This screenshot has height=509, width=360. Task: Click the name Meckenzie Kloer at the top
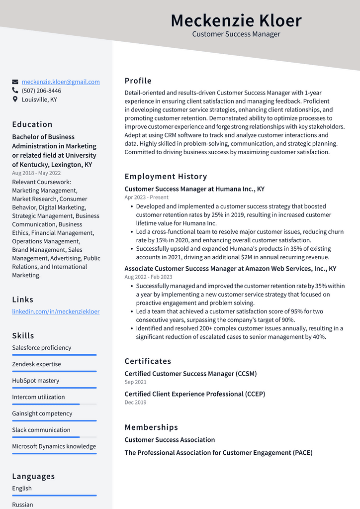pyautogui.click(x=236, y=21)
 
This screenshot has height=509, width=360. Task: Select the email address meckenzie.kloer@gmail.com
pyautogui.click(x=61, y=82)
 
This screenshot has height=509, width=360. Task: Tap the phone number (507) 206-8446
pyautogui.click(x=41, y=91)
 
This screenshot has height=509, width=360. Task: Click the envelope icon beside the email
pyautogui.click(x=15, y=82)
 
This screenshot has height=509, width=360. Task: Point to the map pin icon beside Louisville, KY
pyautogui.click(x=15, y=100)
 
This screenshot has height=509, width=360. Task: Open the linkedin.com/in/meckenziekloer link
pyautogui.click(x=56, y=311)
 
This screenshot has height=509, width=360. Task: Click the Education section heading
pyautogui.click(x=32, y=124)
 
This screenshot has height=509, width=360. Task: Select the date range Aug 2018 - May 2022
pyautogui.click(x=36, y=173)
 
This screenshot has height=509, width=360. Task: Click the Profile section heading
pyautogui.click(x=138, y=81)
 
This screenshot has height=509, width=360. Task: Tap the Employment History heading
pyautogui.click(x=166, y=177)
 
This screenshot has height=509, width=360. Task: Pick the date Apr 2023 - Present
pyautogui.click(x=146, y=198)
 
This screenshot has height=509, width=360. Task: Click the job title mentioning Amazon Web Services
pyautogui.click(x=230, y=269)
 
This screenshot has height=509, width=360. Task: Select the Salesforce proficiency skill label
pyautogui.click(x=42, y=348)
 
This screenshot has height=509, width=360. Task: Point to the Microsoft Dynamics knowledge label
pyautogui.click(x=54, y=446)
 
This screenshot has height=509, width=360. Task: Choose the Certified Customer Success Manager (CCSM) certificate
pyautogui.click(x=190, y=374)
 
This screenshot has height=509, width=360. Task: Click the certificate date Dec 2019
pyautogui.click(x=135, y=403)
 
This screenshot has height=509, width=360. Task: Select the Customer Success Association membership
pyautogui.click(x=170, y=440)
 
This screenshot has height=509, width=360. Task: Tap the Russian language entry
pyautogui.click(x=23, y=505)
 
